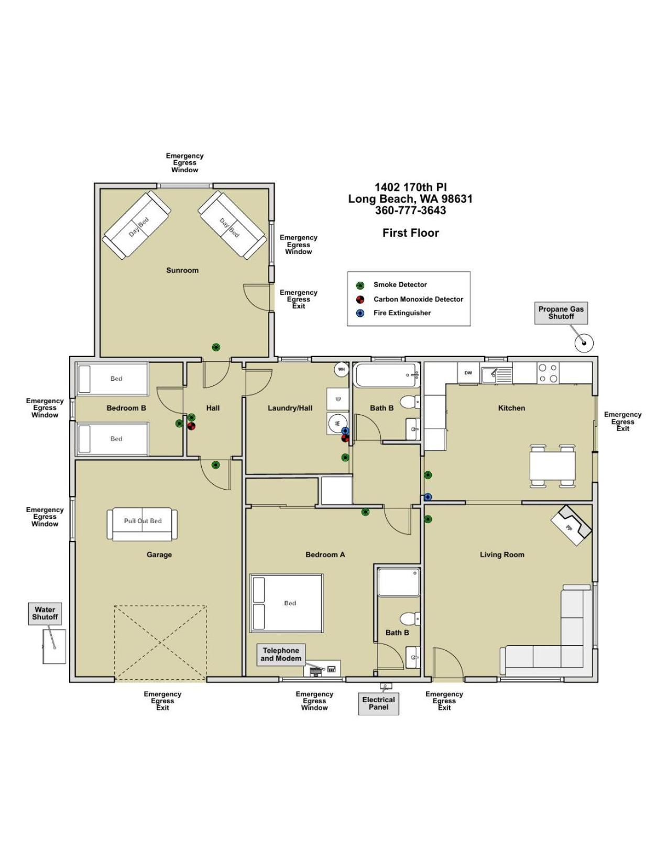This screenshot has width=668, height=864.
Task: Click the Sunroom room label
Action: pos(182,270)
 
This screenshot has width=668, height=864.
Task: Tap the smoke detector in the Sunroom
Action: pos(216,347)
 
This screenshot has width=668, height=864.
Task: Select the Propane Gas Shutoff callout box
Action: pos(561,313)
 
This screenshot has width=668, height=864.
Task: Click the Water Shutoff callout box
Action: pos(45,613)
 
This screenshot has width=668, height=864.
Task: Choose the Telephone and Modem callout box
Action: pos(281,654)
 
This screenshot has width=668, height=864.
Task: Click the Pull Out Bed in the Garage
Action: pos(142,524)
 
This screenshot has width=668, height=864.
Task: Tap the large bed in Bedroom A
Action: pos(286,603)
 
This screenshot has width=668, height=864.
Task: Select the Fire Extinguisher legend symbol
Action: pos(360,313)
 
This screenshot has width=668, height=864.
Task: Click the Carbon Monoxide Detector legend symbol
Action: pos(360,300)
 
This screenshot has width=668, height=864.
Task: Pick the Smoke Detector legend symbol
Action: pos(360,285)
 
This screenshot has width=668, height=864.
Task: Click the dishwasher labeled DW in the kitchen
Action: pos(468,373)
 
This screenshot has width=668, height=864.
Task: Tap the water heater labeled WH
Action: pos(342,369)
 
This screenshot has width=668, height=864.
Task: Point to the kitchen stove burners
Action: pos(548,373)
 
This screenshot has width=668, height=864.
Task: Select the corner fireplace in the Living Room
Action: pos(571,525)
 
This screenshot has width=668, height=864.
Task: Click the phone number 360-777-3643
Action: pos(411,211)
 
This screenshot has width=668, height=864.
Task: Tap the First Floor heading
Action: pos(411,233)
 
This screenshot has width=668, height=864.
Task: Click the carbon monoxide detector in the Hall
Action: pos(191,426)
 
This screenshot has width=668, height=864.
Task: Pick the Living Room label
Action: pos(502,555)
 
